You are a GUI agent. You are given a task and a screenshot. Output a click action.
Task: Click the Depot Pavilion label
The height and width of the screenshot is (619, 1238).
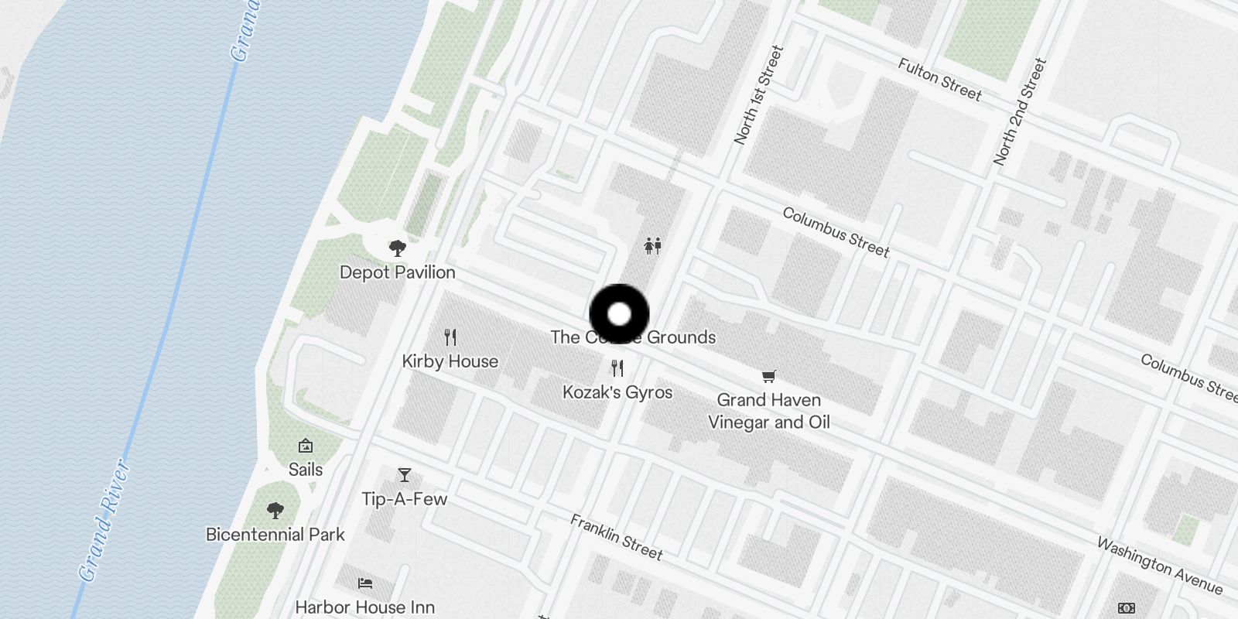397,272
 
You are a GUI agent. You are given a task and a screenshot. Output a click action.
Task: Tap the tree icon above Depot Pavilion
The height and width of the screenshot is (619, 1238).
398,248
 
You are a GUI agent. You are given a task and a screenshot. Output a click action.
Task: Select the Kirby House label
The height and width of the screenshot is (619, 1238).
450,361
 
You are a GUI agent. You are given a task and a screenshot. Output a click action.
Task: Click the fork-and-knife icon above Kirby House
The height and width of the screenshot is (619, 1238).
450,337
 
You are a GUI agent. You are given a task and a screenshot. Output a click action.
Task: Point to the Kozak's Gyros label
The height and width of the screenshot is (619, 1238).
617,392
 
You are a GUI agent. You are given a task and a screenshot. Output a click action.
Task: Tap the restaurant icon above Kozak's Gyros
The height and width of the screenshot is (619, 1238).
617,368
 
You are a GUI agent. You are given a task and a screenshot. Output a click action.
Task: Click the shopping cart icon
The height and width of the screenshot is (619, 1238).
768,377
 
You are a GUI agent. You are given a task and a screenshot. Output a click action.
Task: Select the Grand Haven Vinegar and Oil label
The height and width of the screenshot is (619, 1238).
768,411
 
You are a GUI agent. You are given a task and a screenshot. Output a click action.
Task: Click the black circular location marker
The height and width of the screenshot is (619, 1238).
619,314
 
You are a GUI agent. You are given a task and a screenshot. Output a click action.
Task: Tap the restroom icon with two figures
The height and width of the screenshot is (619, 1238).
653,246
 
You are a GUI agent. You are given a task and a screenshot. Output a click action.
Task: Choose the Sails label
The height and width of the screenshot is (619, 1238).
306,470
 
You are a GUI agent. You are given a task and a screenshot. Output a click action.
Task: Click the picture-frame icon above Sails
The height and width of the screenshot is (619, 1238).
306,446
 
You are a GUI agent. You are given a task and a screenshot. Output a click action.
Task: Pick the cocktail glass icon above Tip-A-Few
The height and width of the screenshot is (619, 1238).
404,475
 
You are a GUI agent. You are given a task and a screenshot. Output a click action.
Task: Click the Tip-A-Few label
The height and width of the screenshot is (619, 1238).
404,499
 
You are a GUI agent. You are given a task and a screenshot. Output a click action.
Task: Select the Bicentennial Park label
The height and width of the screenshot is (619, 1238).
275,535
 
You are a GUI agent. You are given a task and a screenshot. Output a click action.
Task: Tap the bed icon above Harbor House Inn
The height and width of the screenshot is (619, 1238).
365,583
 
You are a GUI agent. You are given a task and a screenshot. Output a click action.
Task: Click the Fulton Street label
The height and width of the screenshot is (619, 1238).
939,80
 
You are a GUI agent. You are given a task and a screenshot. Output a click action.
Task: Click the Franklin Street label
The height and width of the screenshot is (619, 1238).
617,537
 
